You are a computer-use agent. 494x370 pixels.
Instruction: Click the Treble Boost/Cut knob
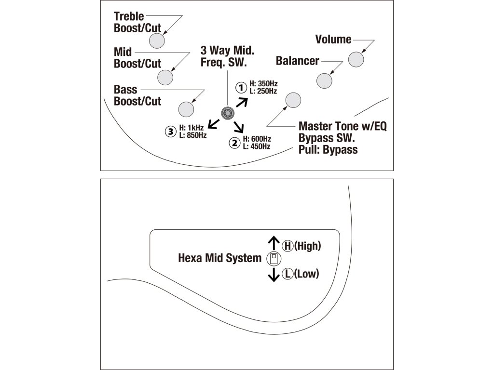157,40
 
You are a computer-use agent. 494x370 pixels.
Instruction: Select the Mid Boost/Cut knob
165,77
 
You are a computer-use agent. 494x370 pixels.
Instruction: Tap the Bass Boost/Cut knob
186,109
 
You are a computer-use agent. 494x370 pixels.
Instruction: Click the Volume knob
356,59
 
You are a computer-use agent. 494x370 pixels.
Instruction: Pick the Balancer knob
324,80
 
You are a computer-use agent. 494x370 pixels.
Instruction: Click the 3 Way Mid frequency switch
227,113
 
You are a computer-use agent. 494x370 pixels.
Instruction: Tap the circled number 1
240,88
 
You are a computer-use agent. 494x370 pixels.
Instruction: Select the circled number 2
235,143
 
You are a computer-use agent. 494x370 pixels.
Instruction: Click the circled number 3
170,131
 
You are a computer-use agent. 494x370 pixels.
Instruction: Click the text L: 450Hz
257,146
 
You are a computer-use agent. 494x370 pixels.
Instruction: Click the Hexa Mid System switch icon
273,259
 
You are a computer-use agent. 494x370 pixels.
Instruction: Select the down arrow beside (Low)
274,275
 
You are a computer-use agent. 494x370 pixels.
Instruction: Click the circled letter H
288,246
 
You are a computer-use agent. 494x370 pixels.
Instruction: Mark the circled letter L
288,274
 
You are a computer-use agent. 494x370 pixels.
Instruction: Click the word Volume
333,40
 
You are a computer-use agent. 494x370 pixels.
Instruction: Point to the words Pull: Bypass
328,149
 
